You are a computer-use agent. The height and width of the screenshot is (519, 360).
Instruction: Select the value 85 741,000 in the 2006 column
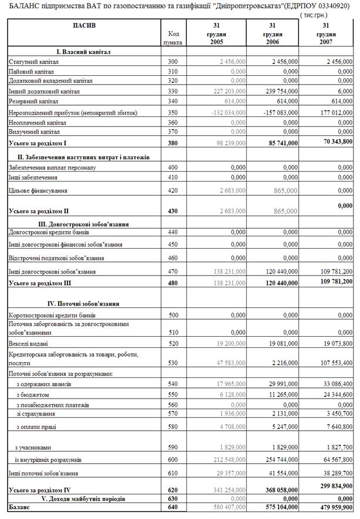tap(281, 143)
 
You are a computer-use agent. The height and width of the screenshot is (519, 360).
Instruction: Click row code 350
tap(172, 112)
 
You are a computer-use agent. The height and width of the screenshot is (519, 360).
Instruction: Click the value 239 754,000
tap(281, 92)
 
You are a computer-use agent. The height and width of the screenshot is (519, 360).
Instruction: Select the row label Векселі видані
tap(28, 343)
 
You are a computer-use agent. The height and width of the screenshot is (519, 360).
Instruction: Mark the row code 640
tap(172, 505)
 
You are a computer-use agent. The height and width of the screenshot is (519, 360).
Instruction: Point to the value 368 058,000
tap(281, 490)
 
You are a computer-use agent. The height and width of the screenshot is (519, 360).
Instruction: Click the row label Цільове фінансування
tap(38, 190)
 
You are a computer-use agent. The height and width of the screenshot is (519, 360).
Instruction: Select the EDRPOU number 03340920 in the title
tap(332, 6)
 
